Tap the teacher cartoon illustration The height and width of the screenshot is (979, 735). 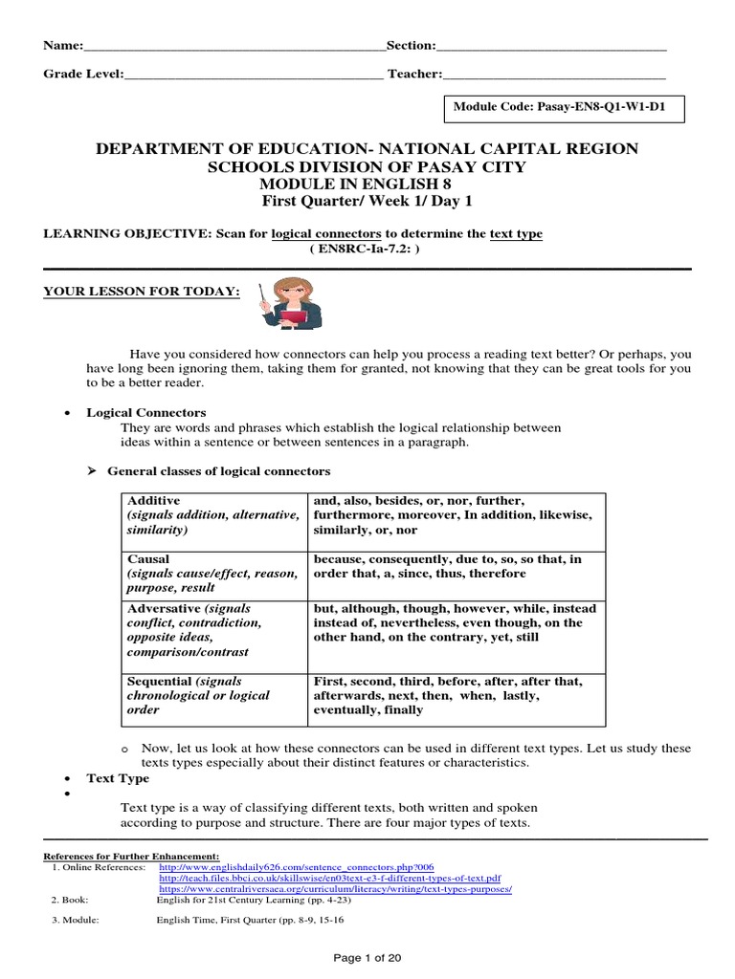coord(290,303)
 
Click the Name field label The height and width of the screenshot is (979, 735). coord(63,46)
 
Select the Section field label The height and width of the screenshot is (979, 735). coord(411,46)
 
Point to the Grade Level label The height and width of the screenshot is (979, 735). coord(83,74)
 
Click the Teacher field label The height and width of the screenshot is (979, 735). coord(414,74)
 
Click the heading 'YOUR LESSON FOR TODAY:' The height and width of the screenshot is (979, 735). coord(142,291)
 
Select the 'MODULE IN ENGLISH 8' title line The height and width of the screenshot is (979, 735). coord(367,184)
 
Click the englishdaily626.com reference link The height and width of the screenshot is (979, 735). coord(297,867)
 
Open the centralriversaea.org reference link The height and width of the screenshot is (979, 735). coord(335,888)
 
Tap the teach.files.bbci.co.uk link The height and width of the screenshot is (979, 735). coord(329,878)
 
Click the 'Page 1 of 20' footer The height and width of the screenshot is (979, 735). coord(367,958)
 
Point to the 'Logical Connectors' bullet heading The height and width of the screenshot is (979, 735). coord(146,412)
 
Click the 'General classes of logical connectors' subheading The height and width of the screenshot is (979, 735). coord(218,471)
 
